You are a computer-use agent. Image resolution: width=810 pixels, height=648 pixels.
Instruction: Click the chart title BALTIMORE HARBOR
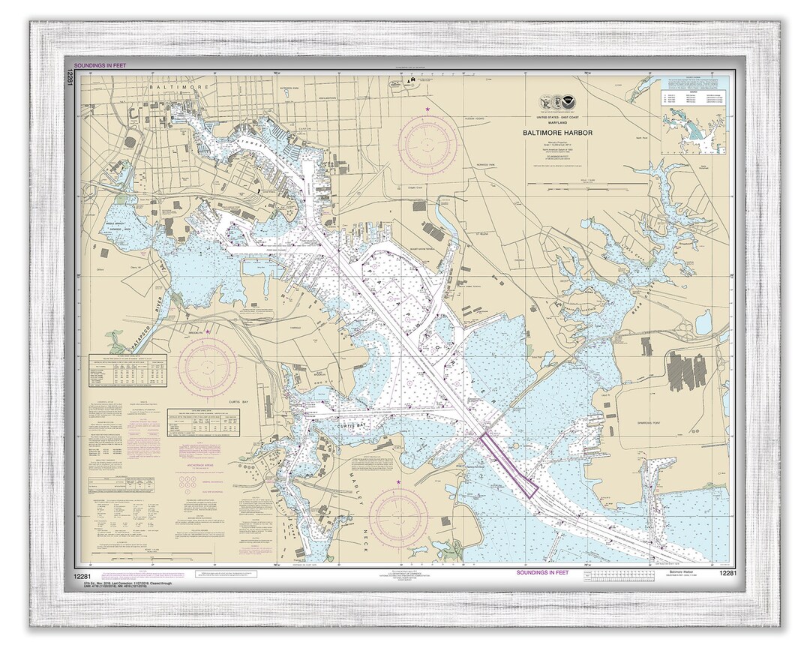558,133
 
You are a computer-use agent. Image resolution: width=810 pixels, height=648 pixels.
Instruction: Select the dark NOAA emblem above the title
570,103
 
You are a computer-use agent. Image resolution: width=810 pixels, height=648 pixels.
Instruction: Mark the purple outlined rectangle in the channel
509,465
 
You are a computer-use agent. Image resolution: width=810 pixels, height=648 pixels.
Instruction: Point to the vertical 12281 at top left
70,77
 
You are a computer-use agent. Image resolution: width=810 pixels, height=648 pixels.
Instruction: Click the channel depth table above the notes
128,371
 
